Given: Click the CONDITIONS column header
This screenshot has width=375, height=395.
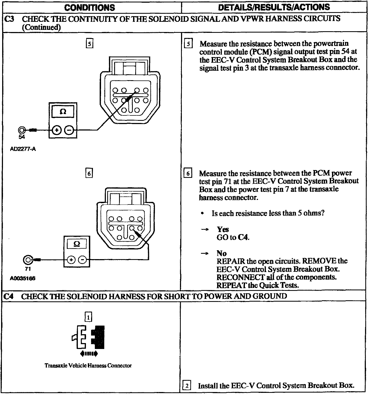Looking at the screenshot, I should [90, 8].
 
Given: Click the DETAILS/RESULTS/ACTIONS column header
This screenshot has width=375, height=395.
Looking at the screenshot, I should [274, 7].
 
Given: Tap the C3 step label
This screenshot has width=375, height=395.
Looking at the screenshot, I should [10, 19].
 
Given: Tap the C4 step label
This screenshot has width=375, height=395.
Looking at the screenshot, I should [9, 296].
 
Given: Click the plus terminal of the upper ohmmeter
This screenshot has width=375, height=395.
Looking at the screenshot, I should [57, 130].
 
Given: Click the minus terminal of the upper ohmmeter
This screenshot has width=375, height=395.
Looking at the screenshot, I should [69, 130].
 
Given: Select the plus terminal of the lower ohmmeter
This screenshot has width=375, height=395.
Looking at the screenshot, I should [71, 260].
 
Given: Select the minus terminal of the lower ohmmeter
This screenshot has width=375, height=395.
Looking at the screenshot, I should [83, 260].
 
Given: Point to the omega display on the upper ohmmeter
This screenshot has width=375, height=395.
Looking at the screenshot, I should [63, 112].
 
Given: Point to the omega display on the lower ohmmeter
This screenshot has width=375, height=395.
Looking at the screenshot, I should [77, 244].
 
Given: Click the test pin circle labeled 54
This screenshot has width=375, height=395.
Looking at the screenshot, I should [22, 130].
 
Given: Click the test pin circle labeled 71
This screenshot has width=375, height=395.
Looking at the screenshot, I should [28, 260].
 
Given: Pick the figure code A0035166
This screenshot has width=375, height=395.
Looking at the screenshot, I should [23, 278].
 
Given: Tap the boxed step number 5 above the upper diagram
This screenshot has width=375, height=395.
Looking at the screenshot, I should [89, 43].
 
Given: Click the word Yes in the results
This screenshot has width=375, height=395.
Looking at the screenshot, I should [223, 229].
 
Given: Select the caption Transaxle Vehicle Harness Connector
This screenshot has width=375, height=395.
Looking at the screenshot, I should [88, 365].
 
